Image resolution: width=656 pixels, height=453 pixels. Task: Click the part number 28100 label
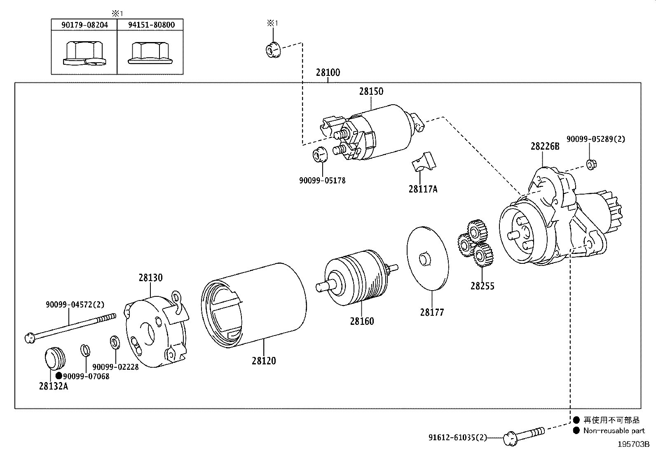328,73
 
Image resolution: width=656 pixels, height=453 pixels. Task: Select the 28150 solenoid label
371,91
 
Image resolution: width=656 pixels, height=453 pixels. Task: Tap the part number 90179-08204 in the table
84,25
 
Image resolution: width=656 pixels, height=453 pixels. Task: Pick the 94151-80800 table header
151,25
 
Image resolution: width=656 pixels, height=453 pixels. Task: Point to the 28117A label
423,189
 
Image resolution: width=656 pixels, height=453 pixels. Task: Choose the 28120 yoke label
264,361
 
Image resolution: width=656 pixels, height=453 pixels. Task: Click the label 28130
150,278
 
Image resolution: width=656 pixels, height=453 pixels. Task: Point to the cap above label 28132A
54,358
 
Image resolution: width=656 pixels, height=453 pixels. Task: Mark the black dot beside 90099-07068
59,376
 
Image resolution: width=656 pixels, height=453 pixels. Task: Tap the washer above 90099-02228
114,342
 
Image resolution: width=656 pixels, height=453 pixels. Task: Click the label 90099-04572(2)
75,305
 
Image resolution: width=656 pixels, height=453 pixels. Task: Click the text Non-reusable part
614,431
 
